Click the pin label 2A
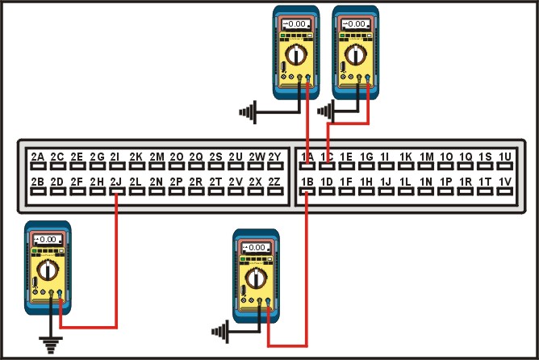pos(38,157)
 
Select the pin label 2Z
pos(274,182)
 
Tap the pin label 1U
pos(506,157)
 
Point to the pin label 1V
pos(506,182)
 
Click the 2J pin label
pos(116,182)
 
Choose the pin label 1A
pos(307,157)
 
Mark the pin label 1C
pos(327,157)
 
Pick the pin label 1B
pos(307,182)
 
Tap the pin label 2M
pos(157,157)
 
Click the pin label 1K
pos(406,157)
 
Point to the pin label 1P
pos(446,182)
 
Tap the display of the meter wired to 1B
pos(256,247)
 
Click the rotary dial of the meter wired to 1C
pos(356,56)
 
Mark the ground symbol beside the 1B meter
pos(219,329)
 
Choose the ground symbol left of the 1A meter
pos(249,110)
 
